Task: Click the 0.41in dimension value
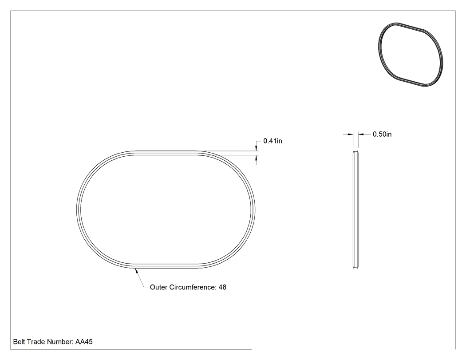(272, 141)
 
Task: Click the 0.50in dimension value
(382, 135)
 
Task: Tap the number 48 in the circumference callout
(222, 287)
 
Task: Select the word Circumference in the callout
(193, 287)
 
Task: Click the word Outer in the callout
(158, 287)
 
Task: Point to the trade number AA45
(84, 342)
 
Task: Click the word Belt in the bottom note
(19, 342)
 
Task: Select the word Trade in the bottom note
(35, 342)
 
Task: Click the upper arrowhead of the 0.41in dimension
(256, 149)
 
